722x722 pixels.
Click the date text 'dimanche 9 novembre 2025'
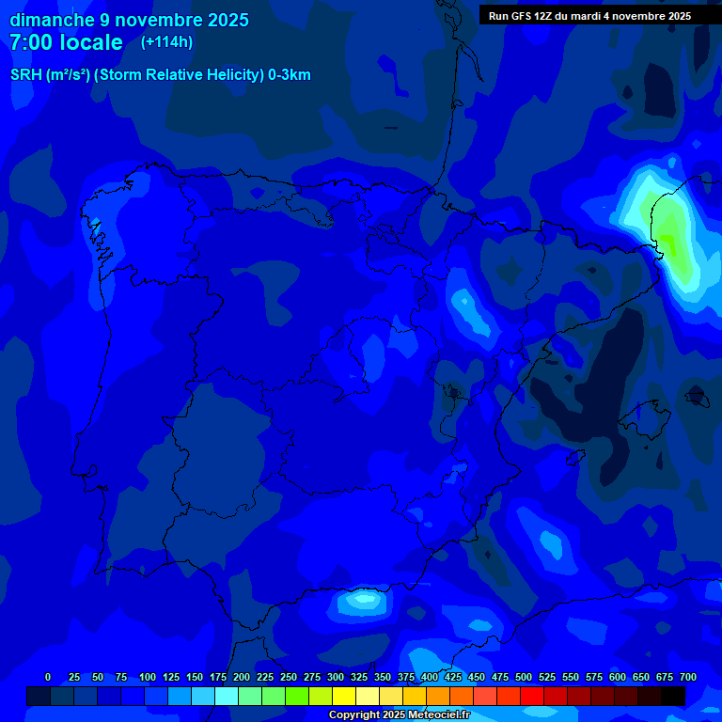tap(129, 20)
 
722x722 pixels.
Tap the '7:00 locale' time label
tap(66, 42)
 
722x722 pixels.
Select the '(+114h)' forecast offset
tap(166, 41)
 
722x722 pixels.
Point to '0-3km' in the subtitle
tap(289, 75)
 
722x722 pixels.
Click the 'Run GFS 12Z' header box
tap(590, 16)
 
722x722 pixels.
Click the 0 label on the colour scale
tap(48, 677)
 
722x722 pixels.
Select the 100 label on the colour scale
tap(147, 677)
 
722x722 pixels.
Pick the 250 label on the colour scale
tap(289, 677)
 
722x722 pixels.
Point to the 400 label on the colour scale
tap(430, 677)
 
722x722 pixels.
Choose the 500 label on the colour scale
tap(524, 677)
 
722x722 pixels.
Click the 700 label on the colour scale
tap(687, 677)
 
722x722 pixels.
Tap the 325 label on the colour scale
tap(359, 677)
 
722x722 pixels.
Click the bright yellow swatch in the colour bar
tap(344, 697)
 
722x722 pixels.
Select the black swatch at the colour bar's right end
tap(673, 697)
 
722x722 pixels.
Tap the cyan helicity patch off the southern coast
tap(362, 599)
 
